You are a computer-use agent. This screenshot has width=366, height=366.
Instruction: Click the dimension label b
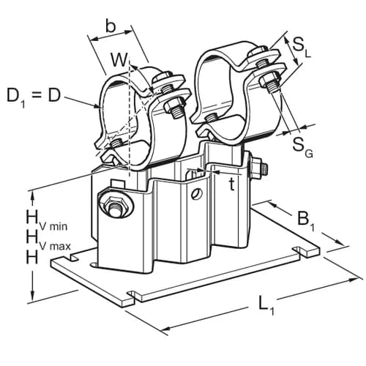click(110, 26)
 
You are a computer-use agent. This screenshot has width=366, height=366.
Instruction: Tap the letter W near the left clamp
click(117, 59)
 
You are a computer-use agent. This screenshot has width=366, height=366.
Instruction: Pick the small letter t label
click(231, 184)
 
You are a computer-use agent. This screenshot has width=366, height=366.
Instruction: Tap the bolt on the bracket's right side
click(258, 168)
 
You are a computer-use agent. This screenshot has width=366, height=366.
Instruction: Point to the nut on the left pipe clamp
click(174, 108)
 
